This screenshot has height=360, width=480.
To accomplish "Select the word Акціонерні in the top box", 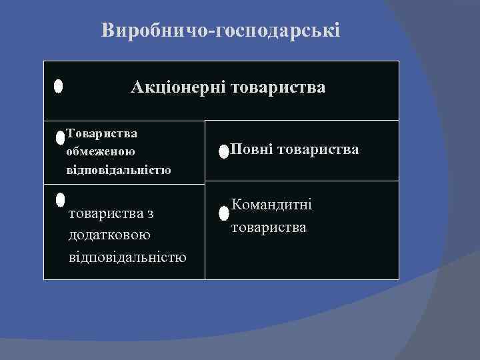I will [177, 87].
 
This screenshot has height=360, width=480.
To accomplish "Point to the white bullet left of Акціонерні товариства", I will [59, 87].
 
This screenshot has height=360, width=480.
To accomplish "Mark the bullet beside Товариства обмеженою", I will [60, 138].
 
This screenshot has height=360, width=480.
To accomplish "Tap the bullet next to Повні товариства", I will [223, 151].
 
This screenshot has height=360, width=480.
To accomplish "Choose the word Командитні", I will [271, 205].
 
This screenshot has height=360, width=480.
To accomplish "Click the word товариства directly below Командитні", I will [269, 227].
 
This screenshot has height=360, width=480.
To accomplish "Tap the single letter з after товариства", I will [150, 213].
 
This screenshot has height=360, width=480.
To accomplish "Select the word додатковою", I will [109, 235].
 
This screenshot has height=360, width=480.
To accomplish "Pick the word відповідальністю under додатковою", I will [127, 257].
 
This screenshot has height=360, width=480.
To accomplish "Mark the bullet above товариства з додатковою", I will [60, 199].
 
